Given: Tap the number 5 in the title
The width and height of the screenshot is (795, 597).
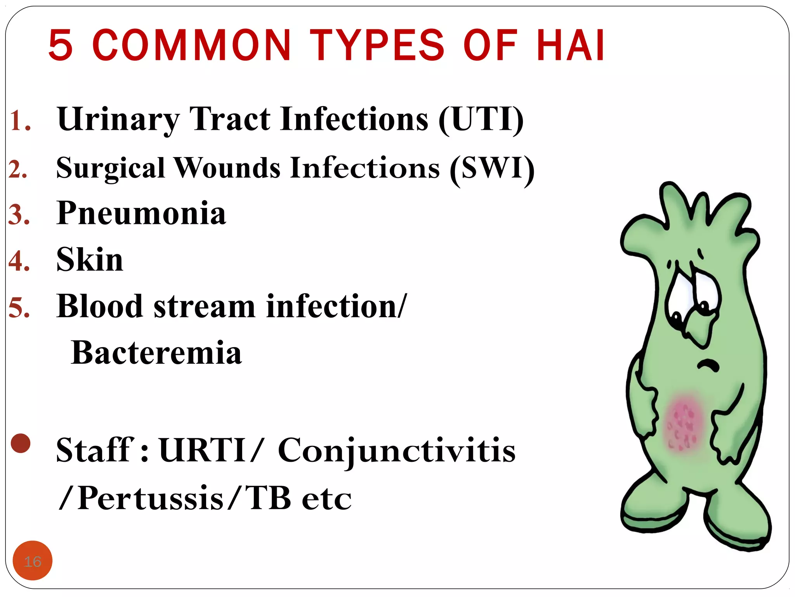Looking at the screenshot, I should click(61, 45).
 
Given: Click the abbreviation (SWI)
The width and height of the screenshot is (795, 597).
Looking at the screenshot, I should click(492, 168).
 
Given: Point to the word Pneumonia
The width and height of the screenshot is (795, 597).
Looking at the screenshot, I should click(141, 213).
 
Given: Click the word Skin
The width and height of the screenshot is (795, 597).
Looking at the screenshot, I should click(90, 260).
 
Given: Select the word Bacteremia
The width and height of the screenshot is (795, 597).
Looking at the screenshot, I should click(156, 353).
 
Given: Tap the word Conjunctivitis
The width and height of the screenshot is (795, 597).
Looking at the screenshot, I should click(396, 451).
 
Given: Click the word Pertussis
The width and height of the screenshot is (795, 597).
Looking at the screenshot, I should click(151, 498).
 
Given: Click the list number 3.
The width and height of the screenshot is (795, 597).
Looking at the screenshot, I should click(19, 215).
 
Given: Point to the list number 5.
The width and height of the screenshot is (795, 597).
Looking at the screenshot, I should click(19, 308).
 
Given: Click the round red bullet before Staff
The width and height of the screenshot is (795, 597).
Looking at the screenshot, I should click(21, 443).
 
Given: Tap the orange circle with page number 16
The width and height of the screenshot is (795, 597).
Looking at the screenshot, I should click(33, 560).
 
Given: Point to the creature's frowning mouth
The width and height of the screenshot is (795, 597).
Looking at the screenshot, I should click(708, 365).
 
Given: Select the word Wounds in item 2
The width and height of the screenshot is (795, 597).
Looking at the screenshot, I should click(227, 168).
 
